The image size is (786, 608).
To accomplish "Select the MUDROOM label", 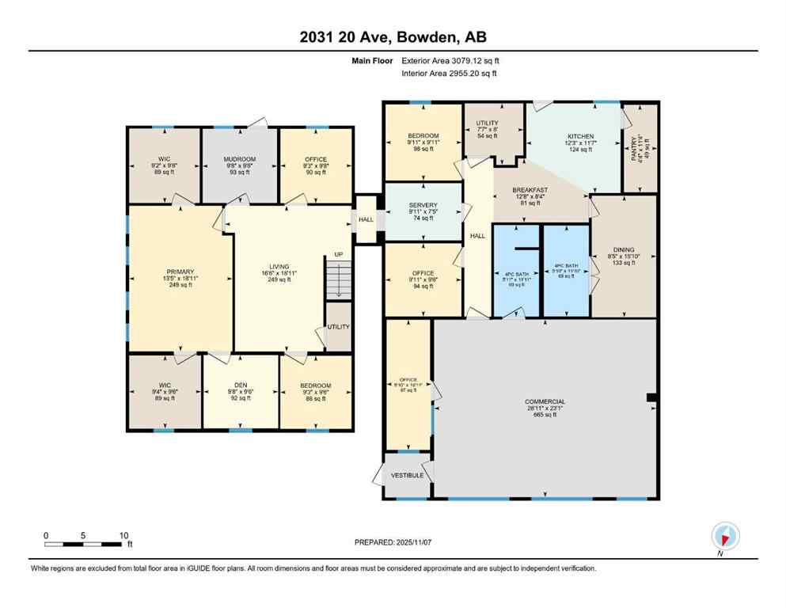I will (239, 160).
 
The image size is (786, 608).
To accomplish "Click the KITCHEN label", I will (579, 136).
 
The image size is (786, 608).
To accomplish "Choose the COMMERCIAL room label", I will (545, 401).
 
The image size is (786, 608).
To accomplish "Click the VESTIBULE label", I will (408, 475).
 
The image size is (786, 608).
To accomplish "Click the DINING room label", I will (625, 249).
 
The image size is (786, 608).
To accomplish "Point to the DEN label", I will (240, 386).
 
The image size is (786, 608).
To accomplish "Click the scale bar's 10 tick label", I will (123, 536).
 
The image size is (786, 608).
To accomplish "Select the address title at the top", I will (392, 38).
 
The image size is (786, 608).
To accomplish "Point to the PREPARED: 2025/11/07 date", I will (393, 542).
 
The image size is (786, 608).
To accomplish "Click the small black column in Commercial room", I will (651, 397).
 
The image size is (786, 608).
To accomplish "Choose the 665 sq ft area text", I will (545, 414).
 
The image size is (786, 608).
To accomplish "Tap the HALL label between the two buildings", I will (366, 220).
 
